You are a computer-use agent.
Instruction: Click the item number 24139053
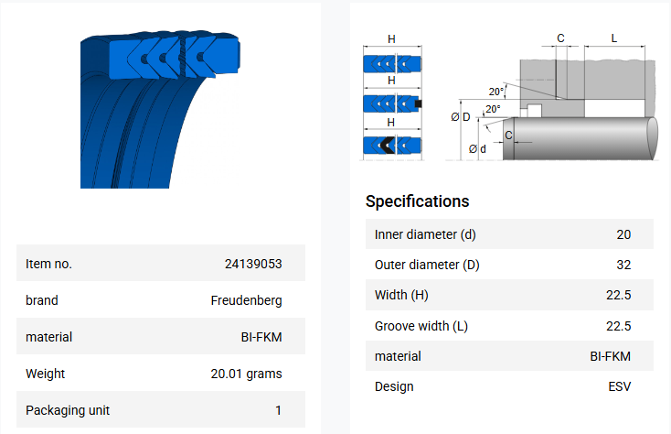click(253, 264)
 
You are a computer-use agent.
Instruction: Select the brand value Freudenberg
click(246, 300)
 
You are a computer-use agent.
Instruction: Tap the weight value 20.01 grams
click(246, 374)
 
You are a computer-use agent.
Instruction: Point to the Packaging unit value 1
click(279, 410)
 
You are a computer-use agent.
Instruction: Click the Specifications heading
click(417, 201)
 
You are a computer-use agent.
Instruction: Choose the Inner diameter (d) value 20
click(623, 234)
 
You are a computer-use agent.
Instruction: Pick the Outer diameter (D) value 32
click(623, 265)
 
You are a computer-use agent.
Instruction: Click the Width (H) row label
click(401, 295)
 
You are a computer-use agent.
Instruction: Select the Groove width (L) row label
click(421, 326)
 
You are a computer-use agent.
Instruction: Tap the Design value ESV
click(619, 386)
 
